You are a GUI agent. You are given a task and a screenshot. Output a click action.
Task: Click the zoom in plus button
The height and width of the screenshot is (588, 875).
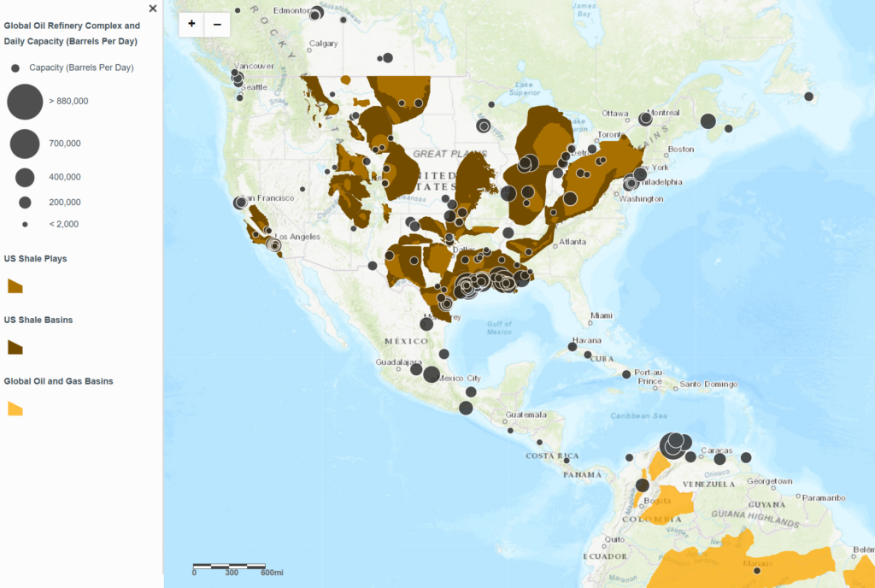click(x=191, y=24)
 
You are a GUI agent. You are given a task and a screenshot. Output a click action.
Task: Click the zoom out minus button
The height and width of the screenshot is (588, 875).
click(x=217, y=24)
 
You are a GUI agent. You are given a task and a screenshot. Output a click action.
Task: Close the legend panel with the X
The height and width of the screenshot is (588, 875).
click(x=153, y=9)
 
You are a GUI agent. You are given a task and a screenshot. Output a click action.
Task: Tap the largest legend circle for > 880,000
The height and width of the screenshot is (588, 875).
click(x=25, y=101)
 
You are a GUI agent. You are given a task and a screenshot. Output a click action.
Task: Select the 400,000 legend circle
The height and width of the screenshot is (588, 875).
click(x=25, y=178)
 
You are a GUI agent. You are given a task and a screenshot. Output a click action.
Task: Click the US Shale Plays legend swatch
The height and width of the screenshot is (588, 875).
click(x=15, y=285)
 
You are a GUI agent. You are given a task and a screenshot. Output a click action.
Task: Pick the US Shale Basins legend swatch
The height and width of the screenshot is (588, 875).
click(x=15, y=347)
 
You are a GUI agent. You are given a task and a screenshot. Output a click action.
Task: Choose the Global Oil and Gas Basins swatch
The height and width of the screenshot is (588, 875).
click(x=15, y=409)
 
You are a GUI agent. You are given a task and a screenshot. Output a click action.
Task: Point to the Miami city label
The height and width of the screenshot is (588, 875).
click(x=602, y=315)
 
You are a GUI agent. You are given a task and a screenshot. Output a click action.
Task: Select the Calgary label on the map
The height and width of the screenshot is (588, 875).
click(x=323, y=44)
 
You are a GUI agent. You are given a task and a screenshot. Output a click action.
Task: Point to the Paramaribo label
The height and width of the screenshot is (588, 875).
click(x=823, y=497)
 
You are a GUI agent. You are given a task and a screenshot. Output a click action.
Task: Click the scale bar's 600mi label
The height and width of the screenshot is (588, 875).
click(x=273, y=573)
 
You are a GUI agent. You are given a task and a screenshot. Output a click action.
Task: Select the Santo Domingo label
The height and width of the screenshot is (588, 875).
click(x=708, y=384)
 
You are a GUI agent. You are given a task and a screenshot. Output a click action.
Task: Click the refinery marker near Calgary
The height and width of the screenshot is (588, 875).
click(x=387, y=57)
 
